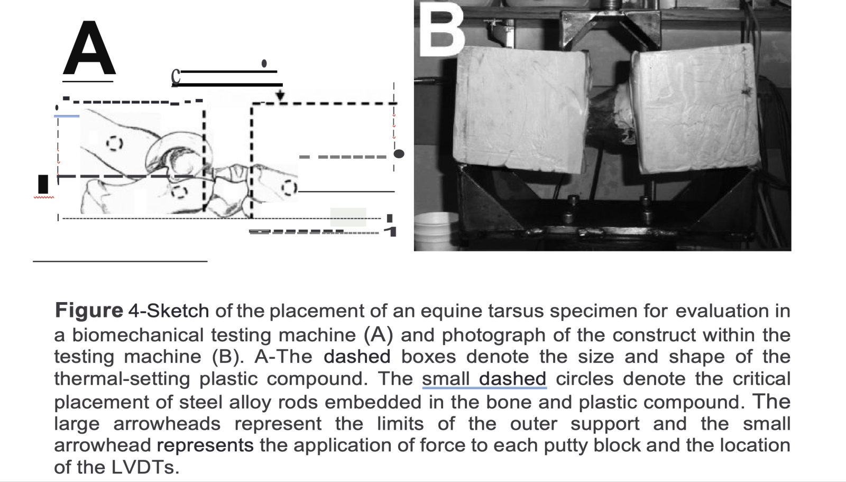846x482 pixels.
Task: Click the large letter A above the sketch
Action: click(89, 48)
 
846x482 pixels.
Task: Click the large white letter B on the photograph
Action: click(442, 29)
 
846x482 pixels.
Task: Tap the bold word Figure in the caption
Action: click(89, 311)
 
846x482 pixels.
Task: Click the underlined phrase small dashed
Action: click(484, 379)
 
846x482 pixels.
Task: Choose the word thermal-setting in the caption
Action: click(122, 379)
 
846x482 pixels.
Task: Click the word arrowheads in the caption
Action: click(167, 424)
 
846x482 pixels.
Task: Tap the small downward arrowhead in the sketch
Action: click(280, 95)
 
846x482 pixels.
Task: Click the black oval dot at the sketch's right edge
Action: click(399, 154)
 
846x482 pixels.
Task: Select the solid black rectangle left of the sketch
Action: click(43, 184)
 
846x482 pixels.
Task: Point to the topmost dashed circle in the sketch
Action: click(114, 144)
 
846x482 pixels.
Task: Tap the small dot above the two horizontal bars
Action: click(264, 63)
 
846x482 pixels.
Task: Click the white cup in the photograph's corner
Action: click(437, 231)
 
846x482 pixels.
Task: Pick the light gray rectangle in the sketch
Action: click(348, 217)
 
